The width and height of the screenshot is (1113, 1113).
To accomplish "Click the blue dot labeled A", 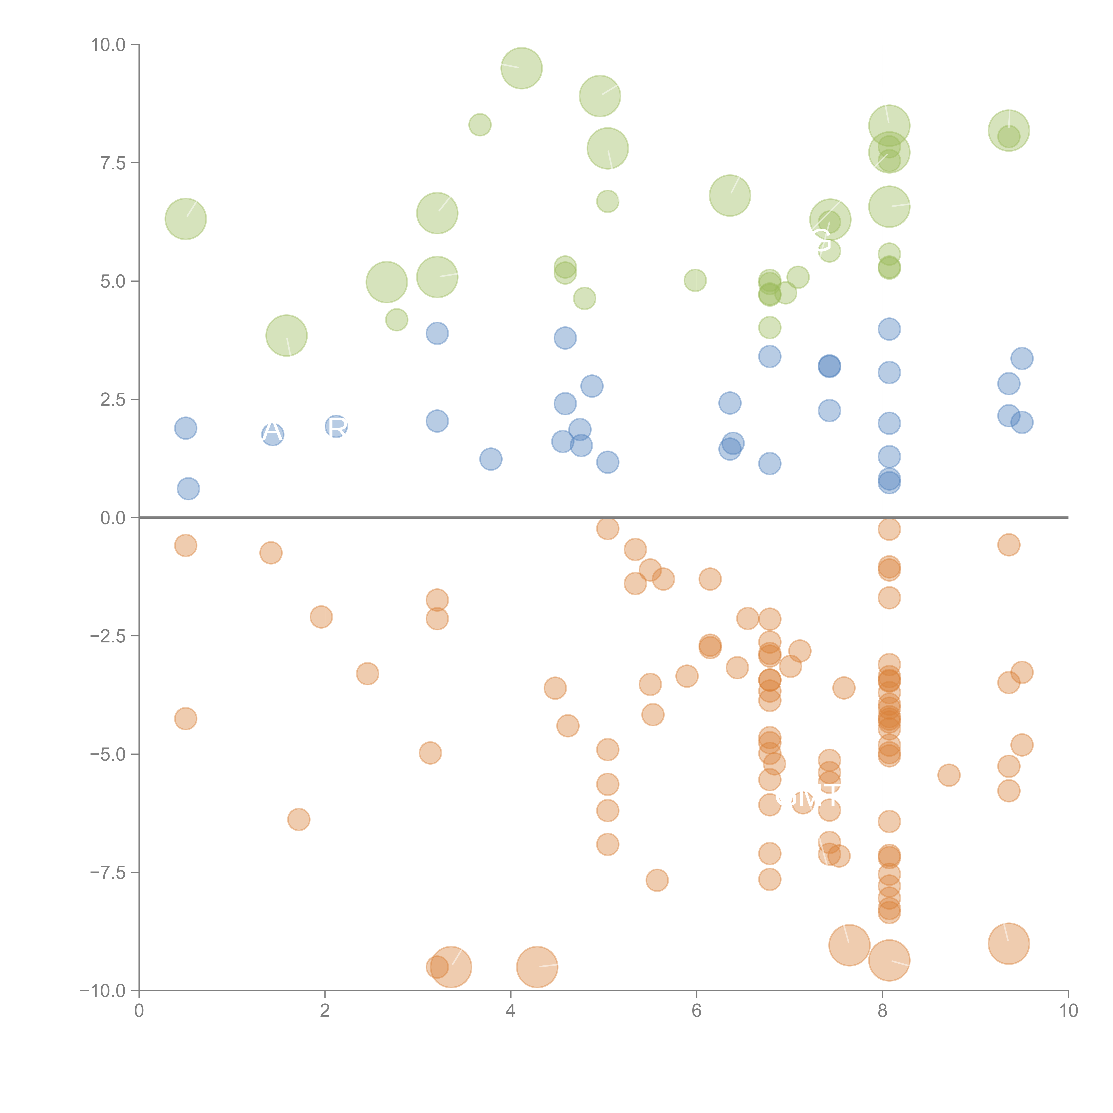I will coord(272,434).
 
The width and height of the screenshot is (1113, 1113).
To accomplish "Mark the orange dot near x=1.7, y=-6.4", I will coord(299,819).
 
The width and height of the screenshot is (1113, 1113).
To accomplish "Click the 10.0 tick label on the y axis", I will coord(108,45).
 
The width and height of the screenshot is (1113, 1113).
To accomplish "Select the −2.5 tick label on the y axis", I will coord(108,636).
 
